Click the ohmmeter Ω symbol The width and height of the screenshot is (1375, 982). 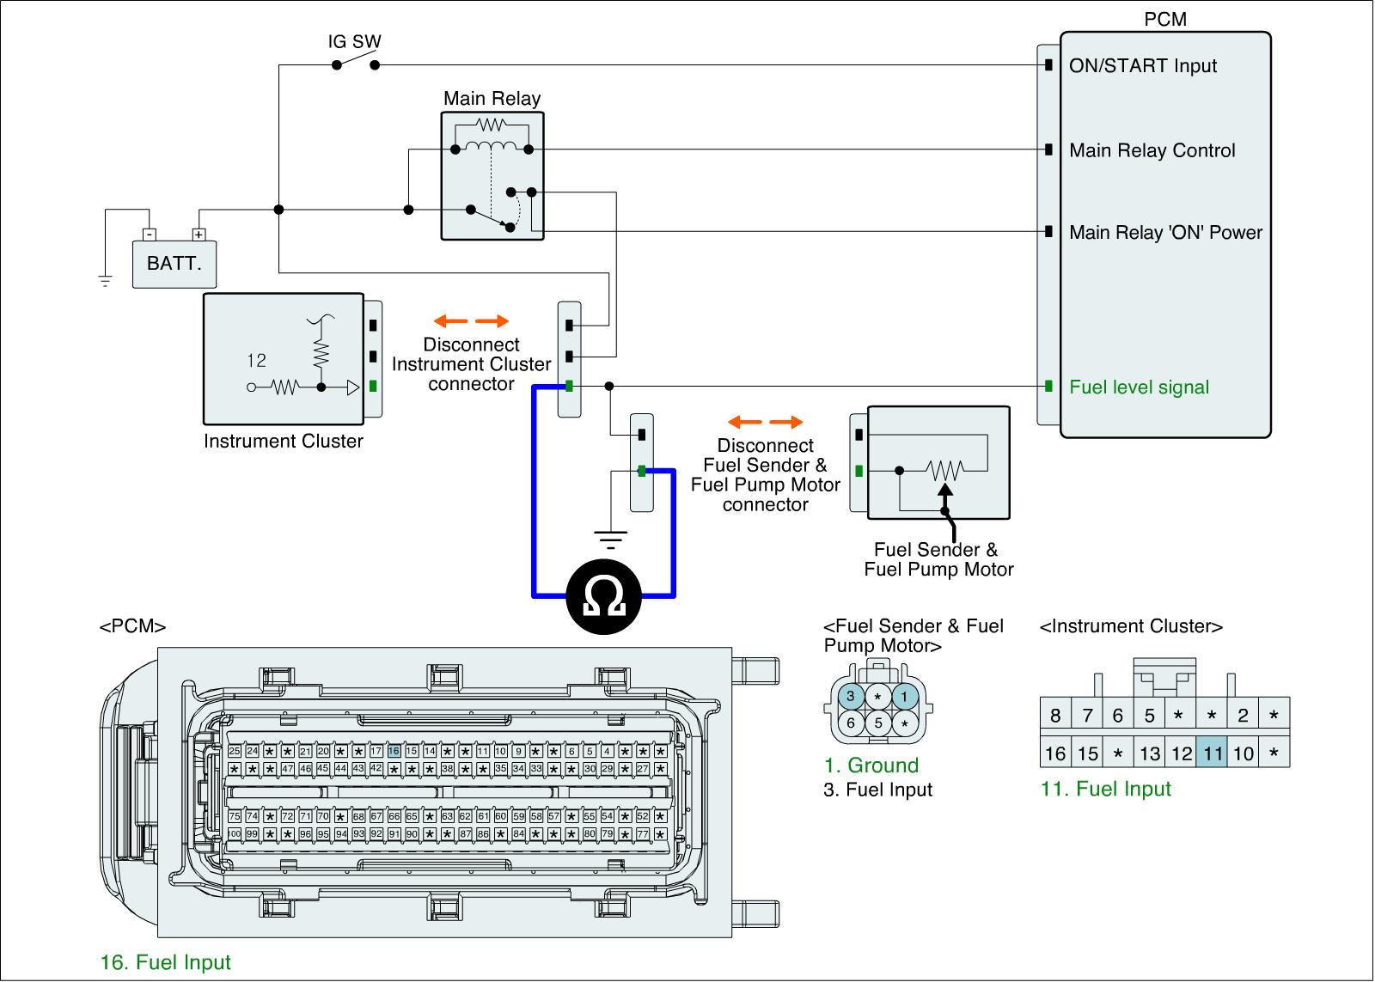(603, 594)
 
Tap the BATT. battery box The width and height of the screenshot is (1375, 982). (174, 263)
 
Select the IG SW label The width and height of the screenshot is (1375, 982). (354, 41)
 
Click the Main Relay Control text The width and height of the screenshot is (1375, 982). (1152, 150)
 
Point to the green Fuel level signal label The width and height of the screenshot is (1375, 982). (1139, 387)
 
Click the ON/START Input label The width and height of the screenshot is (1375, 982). (1142, 66)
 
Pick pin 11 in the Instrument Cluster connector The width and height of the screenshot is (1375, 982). (1213, 753)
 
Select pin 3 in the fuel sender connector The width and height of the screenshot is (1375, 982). (851, 696)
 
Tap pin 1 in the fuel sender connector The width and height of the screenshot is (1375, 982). (904, 696)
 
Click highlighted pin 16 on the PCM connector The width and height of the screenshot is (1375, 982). (394, 751)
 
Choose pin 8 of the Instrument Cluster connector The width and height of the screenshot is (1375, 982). (1055, 716)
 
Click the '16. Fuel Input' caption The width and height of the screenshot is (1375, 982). (166, 962)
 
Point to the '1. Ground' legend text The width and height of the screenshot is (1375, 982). (871, 765)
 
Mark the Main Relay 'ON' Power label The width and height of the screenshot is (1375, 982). (1165, 232)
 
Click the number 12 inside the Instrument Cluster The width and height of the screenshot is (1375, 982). (256, 361)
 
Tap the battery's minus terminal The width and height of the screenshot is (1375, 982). (150, 234)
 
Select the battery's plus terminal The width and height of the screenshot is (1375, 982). (199, 234)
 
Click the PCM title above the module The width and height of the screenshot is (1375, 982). (1165, 19)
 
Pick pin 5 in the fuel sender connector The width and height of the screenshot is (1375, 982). (877, 723)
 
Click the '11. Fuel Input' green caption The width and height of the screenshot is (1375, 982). (1105, 789)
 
